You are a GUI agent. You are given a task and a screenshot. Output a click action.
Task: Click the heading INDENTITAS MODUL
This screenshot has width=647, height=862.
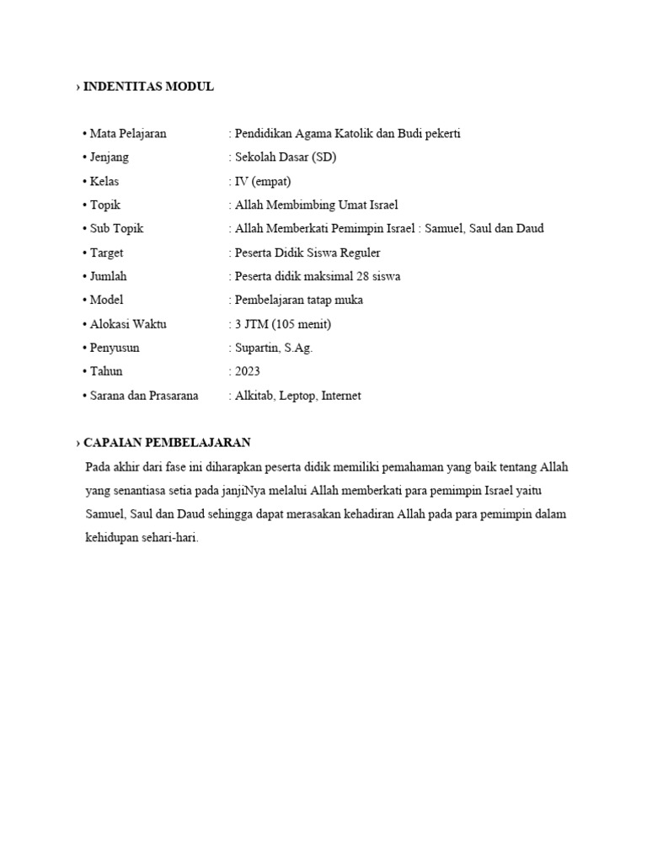(148, 87)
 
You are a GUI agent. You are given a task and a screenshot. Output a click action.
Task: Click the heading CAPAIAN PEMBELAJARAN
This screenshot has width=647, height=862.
(167, 443)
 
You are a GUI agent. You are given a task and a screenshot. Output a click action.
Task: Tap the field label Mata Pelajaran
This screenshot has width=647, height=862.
(128, 134)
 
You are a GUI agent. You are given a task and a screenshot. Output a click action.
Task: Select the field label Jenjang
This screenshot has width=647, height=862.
(110, 157)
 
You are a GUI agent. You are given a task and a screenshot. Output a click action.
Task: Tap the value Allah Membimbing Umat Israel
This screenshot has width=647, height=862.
(316, 205)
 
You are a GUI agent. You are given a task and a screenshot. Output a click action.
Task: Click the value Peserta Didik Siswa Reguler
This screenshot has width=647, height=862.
(307, 253)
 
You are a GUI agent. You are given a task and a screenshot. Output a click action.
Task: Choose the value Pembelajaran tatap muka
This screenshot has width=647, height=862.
(299, 300)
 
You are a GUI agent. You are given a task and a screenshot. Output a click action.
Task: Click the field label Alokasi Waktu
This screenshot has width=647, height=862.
(128, 324)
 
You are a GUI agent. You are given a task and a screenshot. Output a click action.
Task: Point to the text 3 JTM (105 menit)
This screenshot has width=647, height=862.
(283, 324)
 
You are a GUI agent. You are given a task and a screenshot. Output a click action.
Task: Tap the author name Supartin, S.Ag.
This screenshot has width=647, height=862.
(274, 348)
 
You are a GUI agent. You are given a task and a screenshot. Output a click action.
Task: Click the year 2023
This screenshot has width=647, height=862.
(248, 371)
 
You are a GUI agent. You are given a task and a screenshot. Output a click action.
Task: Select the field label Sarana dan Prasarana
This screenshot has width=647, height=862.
(144, 396)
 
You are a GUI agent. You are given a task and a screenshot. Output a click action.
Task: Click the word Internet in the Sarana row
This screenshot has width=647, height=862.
(341, 396)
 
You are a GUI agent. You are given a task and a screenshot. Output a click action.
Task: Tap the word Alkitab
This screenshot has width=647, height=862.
(254, 396)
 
